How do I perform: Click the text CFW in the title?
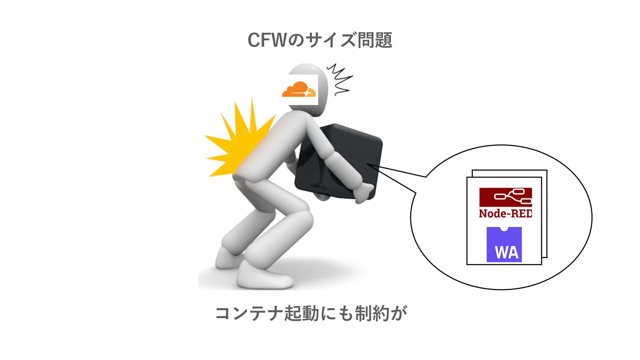pos(267,40)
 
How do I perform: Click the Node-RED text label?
pos(505,213)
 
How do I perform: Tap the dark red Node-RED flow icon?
pos(505,197)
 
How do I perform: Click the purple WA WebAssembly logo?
pos(504,245)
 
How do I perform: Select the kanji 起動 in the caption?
pos(302,313)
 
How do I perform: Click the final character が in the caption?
pos(399,313)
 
